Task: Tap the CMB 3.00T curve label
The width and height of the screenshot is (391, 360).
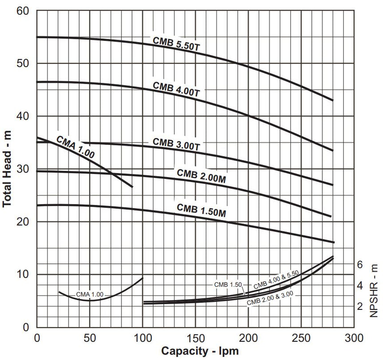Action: click(x=176, y=144)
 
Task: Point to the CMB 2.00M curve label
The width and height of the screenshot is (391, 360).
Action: click(x=201, y=176)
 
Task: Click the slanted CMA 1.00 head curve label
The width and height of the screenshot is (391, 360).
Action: click(x=75, y=147)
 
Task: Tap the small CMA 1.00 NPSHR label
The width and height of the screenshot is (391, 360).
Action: click(x=89, y=294)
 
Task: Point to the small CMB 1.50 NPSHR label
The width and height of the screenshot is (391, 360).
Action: click(x=227, y=285)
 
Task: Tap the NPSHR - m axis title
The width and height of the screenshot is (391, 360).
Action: click(x=374, y=289)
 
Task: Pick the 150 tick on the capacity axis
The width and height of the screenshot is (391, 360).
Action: click(x=195, y=337)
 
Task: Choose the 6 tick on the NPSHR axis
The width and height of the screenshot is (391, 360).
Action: click(x=360, y=264)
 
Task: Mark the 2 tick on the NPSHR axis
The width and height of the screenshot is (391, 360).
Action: click(x=360, y=306)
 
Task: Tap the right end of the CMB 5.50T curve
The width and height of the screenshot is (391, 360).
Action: click(x=332, y=100)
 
